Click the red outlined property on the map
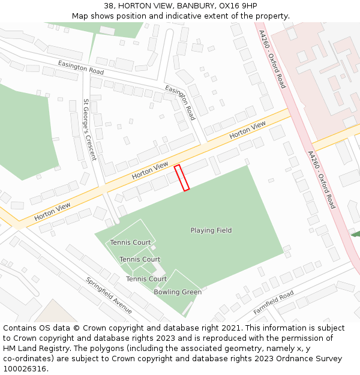(x=182, y=178)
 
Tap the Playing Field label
(x=211, y=230)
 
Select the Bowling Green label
(x=178, y=292)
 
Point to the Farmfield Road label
(x=274, y=302)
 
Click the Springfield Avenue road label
(x=109, y=295)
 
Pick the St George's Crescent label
(x=89, y=130)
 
